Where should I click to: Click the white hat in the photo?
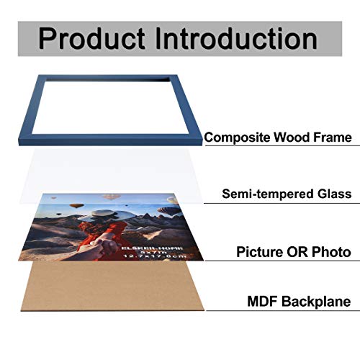coord(98,216)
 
